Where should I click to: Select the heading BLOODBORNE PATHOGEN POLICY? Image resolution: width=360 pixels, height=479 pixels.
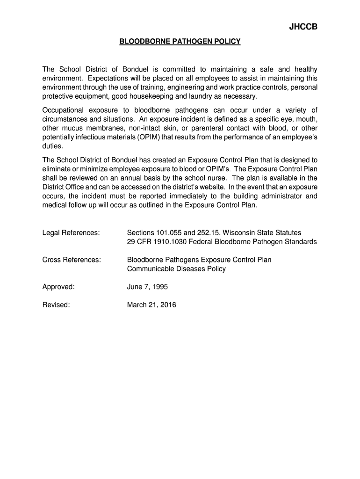point(180,42)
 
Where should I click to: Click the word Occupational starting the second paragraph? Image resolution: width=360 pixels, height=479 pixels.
point(63,110)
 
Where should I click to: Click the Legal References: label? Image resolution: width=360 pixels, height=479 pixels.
point(71,232)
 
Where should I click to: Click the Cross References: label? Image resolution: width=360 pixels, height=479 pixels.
point(72,260)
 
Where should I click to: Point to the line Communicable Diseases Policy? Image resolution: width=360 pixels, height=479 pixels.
point(176,269)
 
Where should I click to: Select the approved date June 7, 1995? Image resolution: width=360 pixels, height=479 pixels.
point(147,287)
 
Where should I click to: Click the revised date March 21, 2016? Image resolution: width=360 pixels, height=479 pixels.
point(151,305)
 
